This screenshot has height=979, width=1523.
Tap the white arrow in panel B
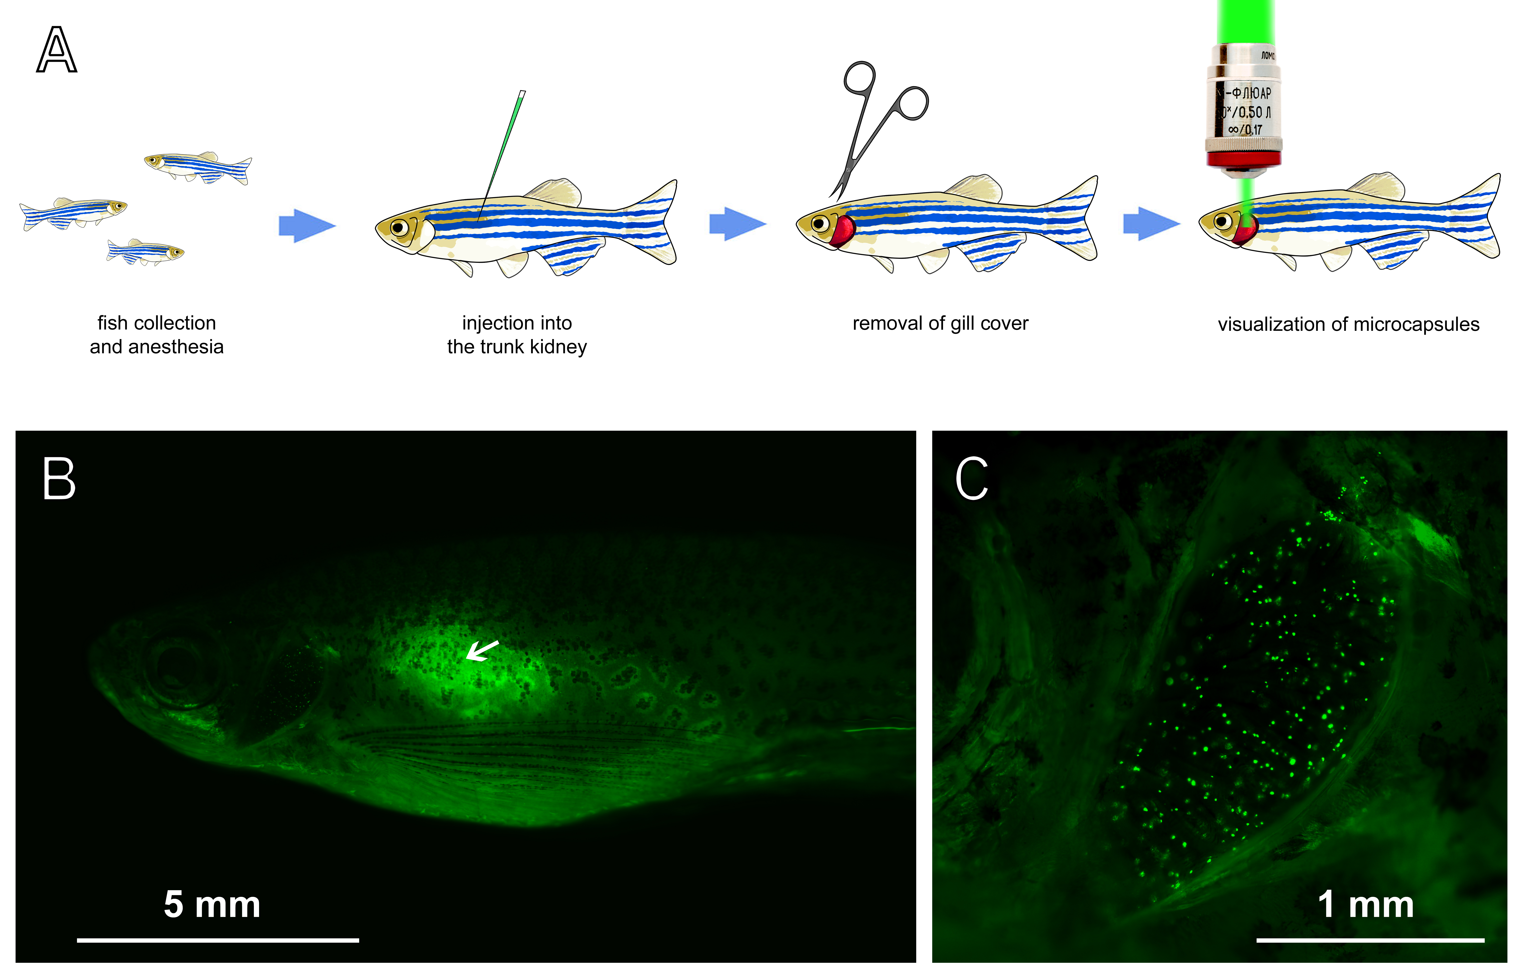click(482, 650)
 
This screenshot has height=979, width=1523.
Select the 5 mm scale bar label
click(212, 904)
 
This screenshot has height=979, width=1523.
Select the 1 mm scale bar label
click(1365, 904)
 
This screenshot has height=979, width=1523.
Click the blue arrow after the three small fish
click(306, 225)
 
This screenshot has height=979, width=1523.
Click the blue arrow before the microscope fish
click(1150, 224)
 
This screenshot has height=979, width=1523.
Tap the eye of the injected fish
click(399, 227)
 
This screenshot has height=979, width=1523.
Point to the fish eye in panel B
click(181, 667)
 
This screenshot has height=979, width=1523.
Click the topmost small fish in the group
click(198, 166)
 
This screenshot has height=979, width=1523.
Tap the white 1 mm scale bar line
click(1370, 940)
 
